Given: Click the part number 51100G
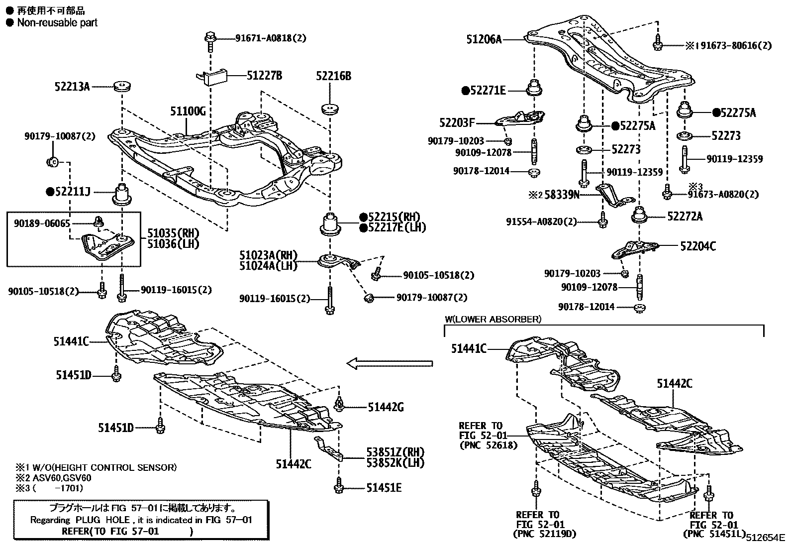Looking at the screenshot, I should click(x=188, y=110).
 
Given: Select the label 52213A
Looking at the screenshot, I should click(x=72, y=87).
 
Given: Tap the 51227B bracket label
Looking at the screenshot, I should click(x=265, y=76).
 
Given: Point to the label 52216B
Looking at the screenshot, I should click(x=333, y=76).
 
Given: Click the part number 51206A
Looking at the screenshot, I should click(x=484, y=39).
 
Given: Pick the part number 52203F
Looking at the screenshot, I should click(x=457, y=122).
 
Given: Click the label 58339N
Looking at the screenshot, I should click(x=561, y=195).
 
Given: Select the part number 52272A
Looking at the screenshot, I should click(x=685, y=216).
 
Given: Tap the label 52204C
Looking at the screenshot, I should click(x=698, y=246).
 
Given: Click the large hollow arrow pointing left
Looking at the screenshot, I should click(x=390, y=364).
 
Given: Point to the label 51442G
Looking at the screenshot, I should click(x=386, y=408).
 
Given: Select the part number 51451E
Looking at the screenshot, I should click(x=384, y=488).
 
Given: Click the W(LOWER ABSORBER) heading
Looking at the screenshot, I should click(x=493, y=319).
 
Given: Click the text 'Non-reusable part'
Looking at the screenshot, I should click(x=57, y=22).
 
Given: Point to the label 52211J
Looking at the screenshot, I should click(x=72, y=191).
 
